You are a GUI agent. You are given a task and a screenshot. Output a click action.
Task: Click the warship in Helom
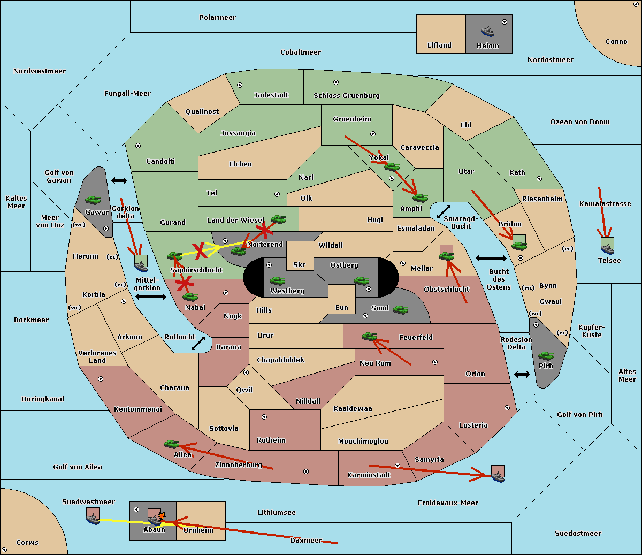click(x=487, y=31)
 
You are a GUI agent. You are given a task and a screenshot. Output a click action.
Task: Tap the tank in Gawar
click(x=93, y=200)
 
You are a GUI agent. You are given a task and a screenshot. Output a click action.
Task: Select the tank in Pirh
click(x=546, y=355)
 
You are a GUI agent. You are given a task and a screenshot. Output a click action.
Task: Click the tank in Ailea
click(x=171, y=444)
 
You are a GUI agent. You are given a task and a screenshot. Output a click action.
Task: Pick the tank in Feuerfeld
click(x=370, y=336)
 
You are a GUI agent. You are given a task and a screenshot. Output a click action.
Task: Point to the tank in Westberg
click(x=277, y=281)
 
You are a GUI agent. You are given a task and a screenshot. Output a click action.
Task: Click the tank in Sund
click(x=400, y=309)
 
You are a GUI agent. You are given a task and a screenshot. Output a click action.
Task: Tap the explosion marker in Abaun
click(x=162, y=516)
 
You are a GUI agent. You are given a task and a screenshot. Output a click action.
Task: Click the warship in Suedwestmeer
click(x=93, y=519)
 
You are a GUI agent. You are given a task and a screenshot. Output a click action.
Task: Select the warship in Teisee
click(x=608, y=248)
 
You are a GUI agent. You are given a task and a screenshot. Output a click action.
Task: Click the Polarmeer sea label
click(x=217, y=18)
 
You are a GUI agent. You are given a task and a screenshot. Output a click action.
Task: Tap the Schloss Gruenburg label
click(x=347, y=95)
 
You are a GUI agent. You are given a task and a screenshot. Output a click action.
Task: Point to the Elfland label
click(x=439, y=45)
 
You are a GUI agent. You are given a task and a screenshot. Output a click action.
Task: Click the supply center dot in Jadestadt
click(x=240, y=85)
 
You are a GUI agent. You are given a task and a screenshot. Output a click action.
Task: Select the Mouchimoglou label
click(x=363, y=441)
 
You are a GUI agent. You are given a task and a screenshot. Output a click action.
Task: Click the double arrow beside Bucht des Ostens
click(x=491, y=258)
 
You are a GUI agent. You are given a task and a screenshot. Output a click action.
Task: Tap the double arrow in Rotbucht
click(x=198, y=344)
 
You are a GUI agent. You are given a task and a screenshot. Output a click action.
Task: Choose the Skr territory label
click(x=300, y=265)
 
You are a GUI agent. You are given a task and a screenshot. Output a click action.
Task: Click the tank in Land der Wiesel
click(x=278, y=219)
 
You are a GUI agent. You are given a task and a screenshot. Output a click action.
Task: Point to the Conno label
click(x=616, y=42)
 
